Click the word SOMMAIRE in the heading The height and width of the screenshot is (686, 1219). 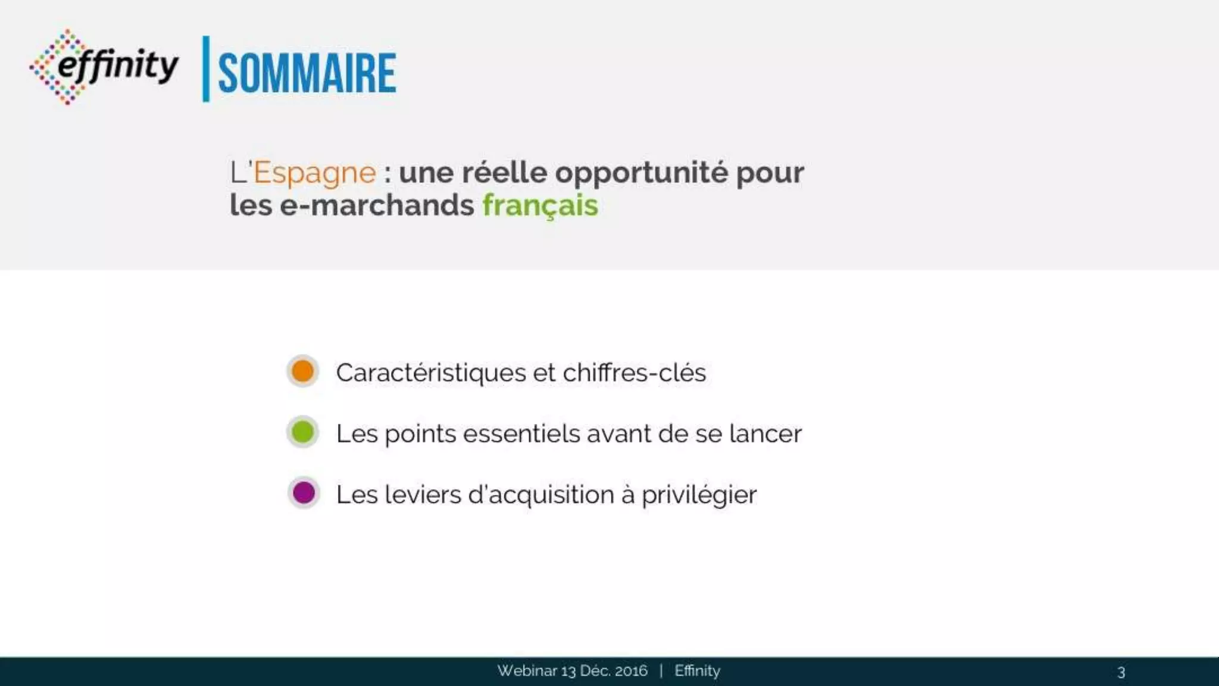[307, 73]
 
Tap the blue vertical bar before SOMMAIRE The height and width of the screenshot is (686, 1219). [206, 69]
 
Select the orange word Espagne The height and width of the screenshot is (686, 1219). [314, 173]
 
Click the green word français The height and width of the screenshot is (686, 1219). [540, 205]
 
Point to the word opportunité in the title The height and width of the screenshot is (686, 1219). [641, 173]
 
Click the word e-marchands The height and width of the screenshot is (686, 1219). [377, 205]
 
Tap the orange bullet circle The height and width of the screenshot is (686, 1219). [303, 371]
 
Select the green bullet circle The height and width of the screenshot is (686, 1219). [303, 432]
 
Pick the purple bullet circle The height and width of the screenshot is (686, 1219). [304, 493]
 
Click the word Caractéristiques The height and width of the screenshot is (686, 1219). [431, 373]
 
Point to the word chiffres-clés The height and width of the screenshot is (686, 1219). [634, 373]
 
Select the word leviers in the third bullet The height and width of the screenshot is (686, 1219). [423, 495]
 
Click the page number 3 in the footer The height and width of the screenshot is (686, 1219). [1121, 672]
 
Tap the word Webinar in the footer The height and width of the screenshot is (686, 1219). [527, 671]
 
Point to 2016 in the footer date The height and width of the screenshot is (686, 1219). [630, 671]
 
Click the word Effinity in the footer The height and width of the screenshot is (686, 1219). [697, 671]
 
